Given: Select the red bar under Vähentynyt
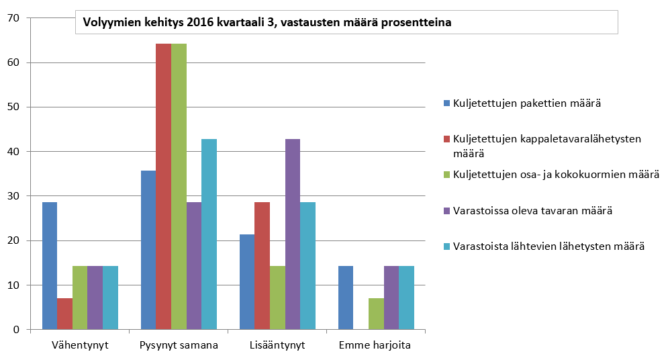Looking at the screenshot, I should tap(64, 314).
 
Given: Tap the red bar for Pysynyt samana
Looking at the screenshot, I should tap(163, 187).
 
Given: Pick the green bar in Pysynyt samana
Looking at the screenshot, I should tap(179, 187).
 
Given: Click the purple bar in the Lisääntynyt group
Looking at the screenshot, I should tap(292, 234).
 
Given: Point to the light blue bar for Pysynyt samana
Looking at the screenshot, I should tap(209, 234).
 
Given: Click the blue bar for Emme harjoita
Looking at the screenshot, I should tap(345, 298).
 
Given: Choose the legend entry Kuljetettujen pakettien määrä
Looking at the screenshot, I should tap(526, 103).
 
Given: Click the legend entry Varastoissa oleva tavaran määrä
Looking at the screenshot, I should tap(532, 211).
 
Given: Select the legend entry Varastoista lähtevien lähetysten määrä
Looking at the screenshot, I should tap(548, 246).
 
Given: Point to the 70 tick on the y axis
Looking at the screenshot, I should tap(13, 18).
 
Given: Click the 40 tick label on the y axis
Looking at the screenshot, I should tap(13, 152).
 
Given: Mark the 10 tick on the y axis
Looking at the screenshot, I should tap(13, 285).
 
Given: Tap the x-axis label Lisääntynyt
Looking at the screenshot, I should tap(277, 346).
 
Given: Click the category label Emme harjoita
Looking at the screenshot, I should tap(375, 346).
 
